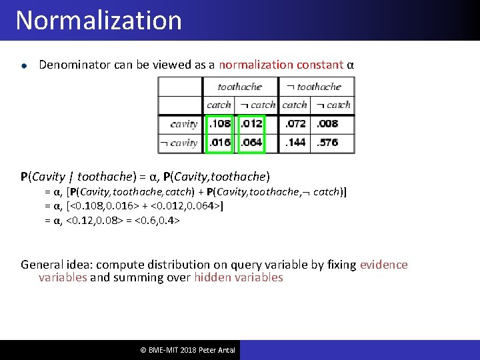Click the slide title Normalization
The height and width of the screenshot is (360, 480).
coord(99,21)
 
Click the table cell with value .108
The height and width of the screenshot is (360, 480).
coord(221,124)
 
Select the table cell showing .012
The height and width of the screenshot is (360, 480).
coord(251,124)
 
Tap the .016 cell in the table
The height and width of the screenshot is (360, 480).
coord(221,143)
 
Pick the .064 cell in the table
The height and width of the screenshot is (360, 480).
coord(251,143)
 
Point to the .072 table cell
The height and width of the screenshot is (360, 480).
coord(295,124)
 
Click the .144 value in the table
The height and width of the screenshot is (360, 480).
coord(295,143)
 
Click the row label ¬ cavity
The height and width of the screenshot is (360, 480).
coord(179,143)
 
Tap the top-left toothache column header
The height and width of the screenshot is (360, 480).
coord(240,87)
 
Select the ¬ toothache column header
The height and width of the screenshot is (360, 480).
coord(314,87)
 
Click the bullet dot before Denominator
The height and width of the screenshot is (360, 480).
coord(24,66)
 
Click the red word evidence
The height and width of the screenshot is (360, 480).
coord(383,265)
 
